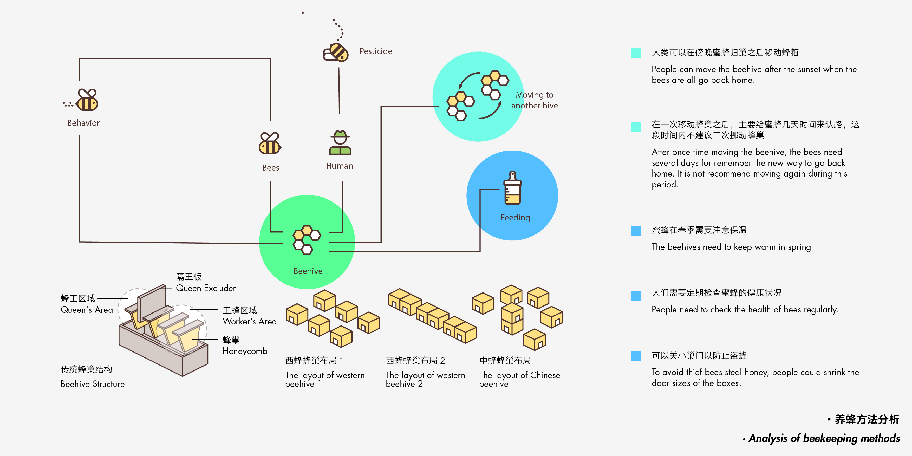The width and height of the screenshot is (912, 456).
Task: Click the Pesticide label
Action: (x=376, y=51)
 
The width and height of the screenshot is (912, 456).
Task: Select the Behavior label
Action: (x=83, y=123)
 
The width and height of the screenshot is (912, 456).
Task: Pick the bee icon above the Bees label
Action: (x=270, y=144)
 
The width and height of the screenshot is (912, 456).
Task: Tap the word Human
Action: (x=340, y=166)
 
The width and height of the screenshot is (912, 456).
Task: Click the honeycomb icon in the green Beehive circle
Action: (x=306, y=240)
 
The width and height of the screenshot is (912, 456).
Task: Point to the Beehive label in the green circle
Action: (x=308, y=271)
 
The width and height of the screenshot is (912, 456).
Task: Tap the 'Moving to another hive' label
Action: (x=534, y=100)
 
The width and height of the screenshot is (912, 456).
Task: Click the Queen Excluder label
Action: (x=206, y=288)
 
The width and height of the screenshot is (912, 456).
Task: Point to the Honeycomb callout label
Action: (x=245, y=351)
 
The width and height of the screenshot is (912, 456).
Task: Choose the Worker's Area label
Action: (x=249, y=322)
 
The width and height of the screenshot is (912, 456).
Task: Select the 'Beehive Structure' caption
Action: (x=92, y=384)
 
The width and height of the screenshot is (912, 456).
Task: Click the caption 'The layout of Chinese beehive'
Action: (x=519, y=379)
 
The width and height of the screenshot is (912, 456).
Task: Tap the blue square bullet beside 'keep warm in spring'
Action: (x=636, y=231)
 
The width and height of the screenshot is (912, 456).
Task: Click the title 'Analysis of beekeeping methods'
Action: (x=824, y=438)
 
